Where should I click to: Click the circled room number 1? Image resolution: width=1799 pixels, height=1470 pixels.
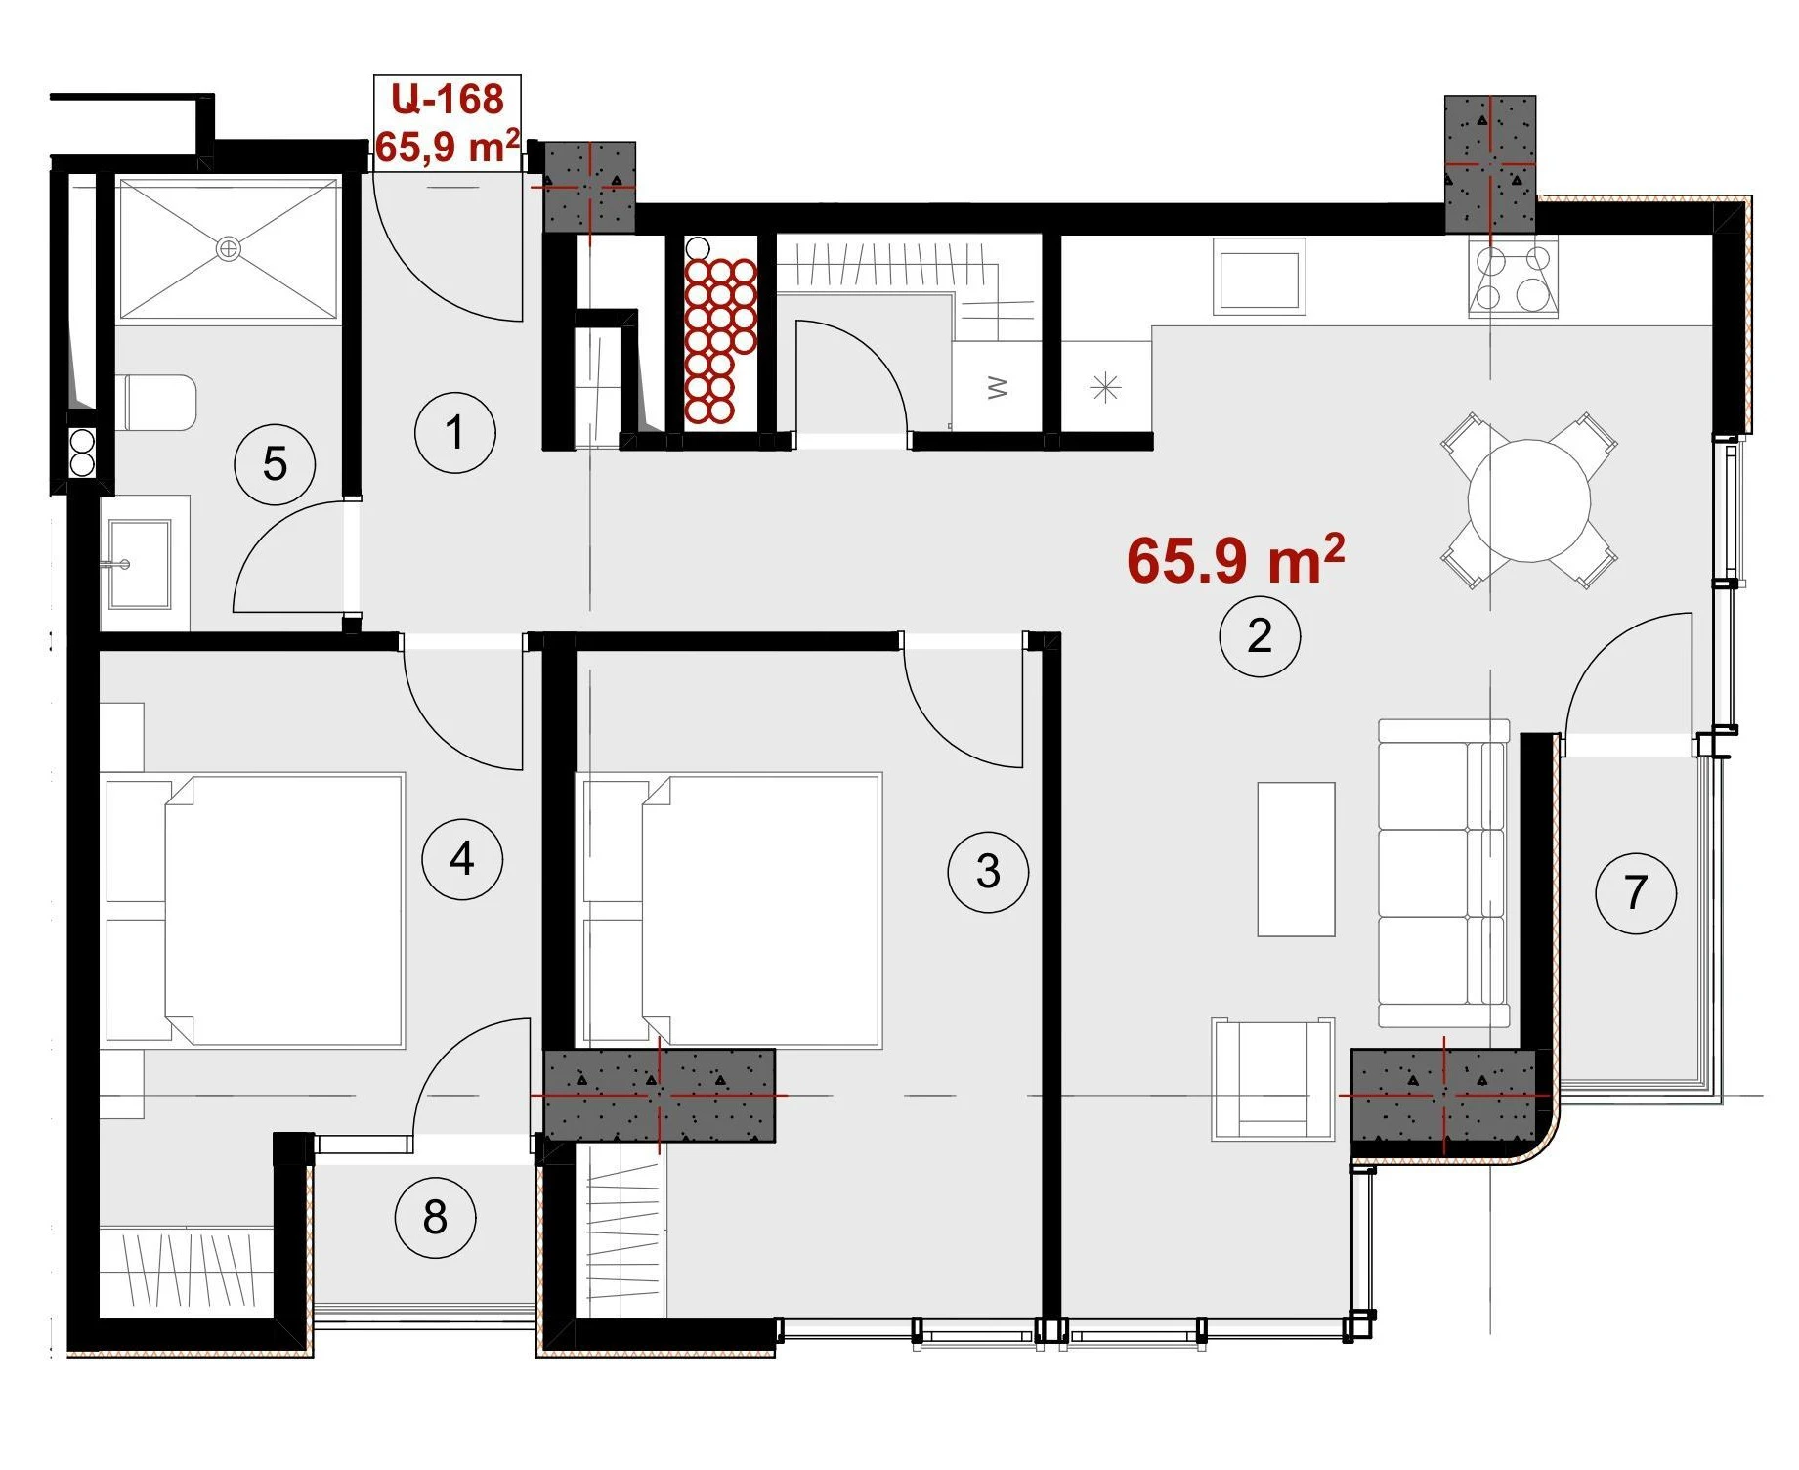tap(454, 432)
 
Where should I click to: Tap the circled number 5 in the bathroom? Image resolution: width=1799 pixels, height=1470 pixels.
tap(275, 464)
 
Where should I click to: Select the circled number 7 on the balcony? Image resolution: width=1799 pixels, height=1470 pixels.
tap(1635, 892)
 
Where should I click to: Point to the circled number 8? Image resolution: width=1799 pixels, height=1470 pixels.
tap(435, 1218)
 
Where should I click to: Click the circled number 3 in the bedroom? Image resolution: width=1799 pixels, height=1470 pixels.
tap(988, 872)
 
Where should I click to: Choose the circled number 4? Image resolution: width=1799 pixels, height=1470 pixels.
tap(462, 859)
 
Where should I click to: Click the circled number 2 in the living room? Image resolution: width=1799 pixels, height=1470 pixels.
tap(1260, 636)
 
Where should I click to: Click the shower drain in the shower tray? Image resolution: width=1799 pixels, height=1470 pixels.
tap(228, 248)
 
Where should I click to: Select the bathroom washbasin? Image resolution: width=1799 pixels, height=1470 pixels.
tap(141, 564)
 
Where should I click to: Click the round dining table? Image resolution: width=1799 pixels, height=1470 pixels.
tap(1529, 500)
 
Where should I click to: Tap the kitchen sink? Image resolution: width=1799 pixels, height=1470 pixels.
tap(1259, 277)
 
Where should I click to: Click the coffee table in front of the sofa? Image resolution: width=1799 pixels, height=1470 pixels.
tap(1296, 859)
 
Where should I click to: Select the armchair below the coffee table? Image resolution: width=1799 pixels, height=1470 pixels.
tap(1272, 1079)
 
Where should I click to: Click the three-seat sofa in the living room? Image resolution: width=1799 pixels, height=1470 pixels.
tap(1443, 873)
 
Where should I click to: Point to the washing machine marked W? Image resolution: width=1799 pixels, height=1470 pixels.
tap(997, 388)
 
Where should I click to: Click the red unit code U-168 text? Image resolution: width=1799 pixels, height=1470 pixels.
tap(448, 99)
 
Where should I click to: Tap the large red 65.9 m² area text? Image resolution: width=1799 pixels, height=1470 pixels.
tap(1236, 560)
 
